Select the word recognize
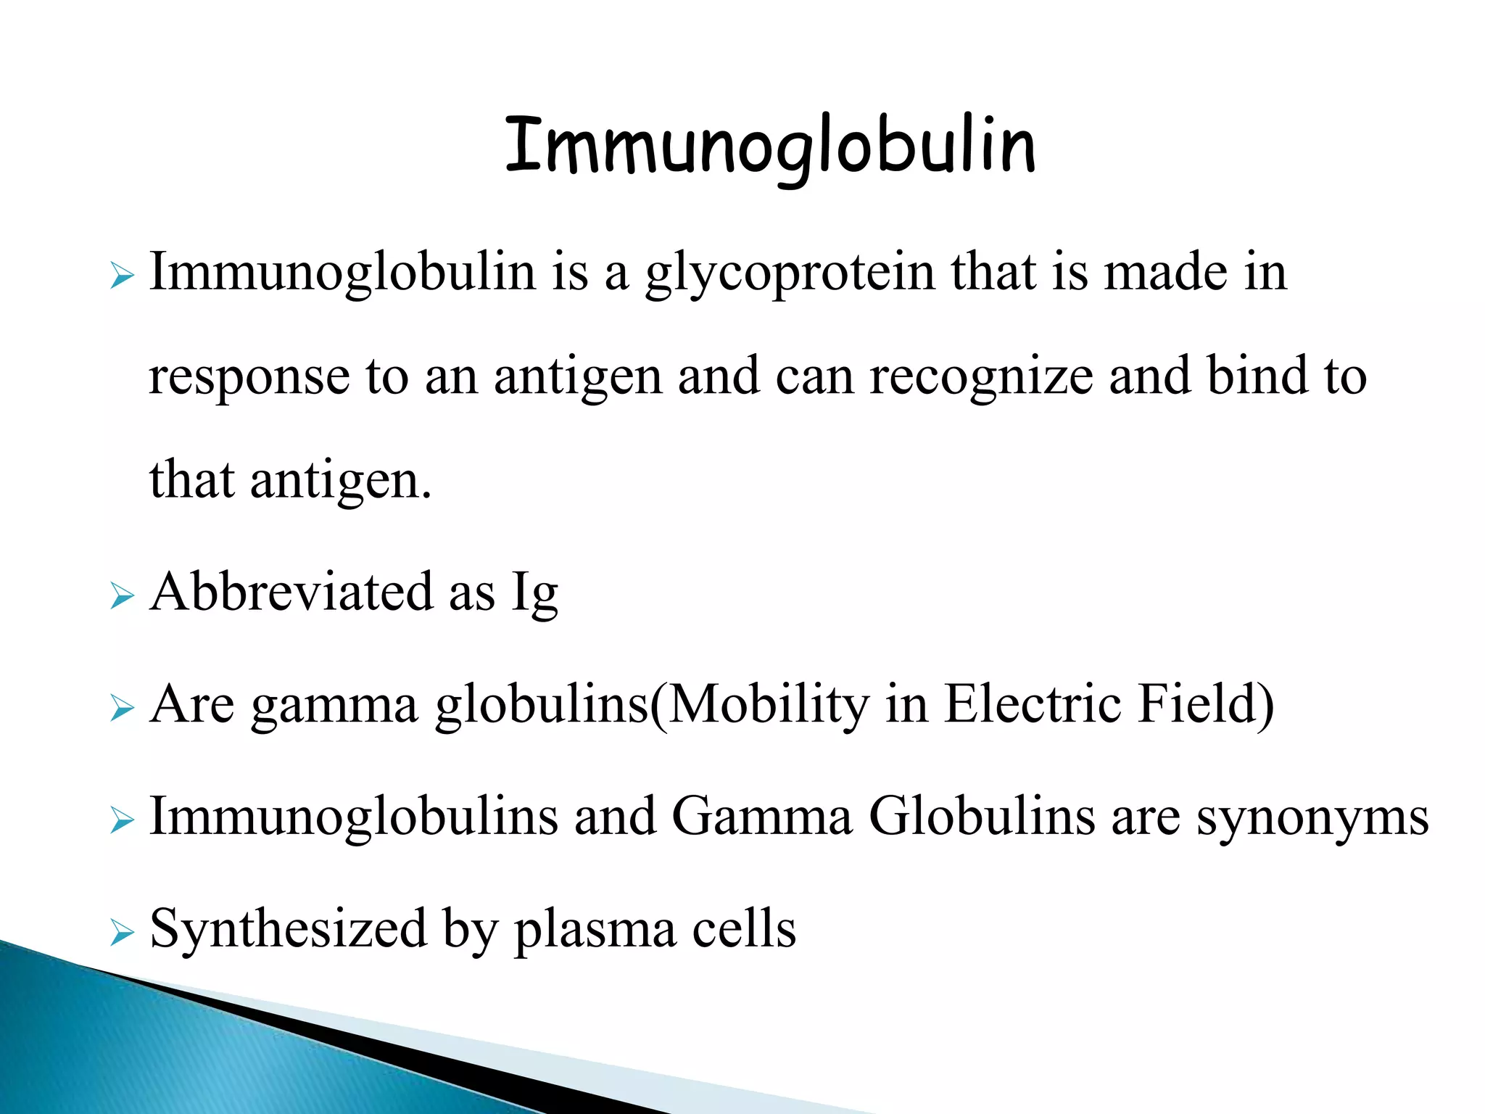(981, 377)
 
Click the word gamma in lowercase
(335, 706)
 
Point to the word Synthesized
(288, 930)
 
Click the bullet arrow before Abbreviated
(123, 598)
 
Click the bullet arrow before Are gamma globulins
(123, 710)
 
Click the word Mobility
(767, 705)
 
